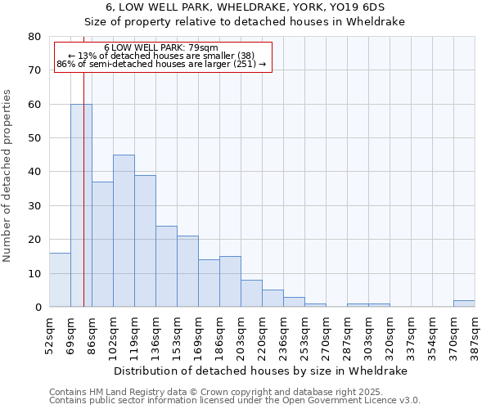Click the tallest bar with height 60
click(x=81, y=205)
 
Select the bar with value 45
click(x=124, y=231)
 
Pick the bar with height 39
click(x=145, y=241)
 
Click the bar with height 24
click(x=166, y=267)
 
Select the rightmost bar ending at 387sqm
click(x=464, y=303)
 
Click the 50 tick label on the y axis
click(x=34, y=138)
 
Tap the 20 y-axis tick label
click(x=34, y=240)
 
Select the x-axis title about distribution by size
click(x=260, y=371)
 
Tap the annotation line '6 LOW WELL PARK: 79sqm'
click(x=161, y=48)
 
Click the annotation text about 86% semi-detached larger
click(x=161, y=64)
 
